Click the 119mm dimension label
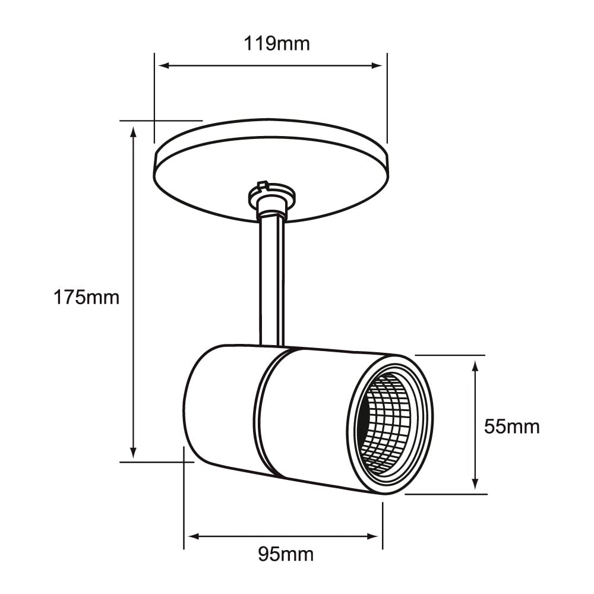[277, 43]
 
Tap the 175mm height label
[87, 297]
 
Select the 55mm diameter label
[511, 426]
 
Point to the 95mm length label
[286, 554]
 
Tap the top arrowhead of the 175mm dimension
[134, 132]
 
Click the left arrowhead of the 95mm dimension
[191, 536]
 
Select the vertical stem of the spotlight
[272, 279]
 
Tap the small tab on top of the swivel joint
[263, 186]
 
